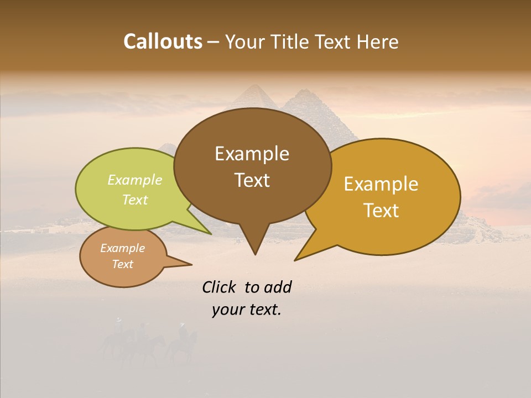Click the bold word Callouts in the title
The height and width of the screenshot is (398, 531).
click(163, 41)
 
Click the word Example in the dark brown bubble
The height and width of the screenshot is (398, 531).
click(252, 154)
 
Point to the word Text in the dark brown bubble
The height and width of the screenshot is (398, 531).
click(252, 180)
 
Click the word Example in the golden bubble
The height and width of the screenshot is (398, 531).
click(381, 184)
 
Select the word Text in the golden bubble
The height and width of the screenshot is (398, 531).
click(381, 211)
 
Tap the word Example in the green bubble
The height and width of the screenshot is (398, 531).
click(135, 180)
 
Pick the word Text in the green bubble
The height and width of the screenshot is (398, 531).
click(135, 200)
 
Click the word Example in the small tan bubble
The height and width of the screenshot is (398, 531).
click(122, 248)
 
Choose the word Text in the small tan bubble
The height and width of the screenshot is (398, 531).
click(122, 264)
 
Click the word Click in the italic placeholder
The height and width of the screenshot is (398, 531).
click(220, 287)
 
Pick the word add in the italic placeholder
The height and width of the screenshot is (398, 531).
click(278, 287)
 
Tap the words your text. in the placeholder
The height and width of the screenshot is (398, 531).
click(247, 310)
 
